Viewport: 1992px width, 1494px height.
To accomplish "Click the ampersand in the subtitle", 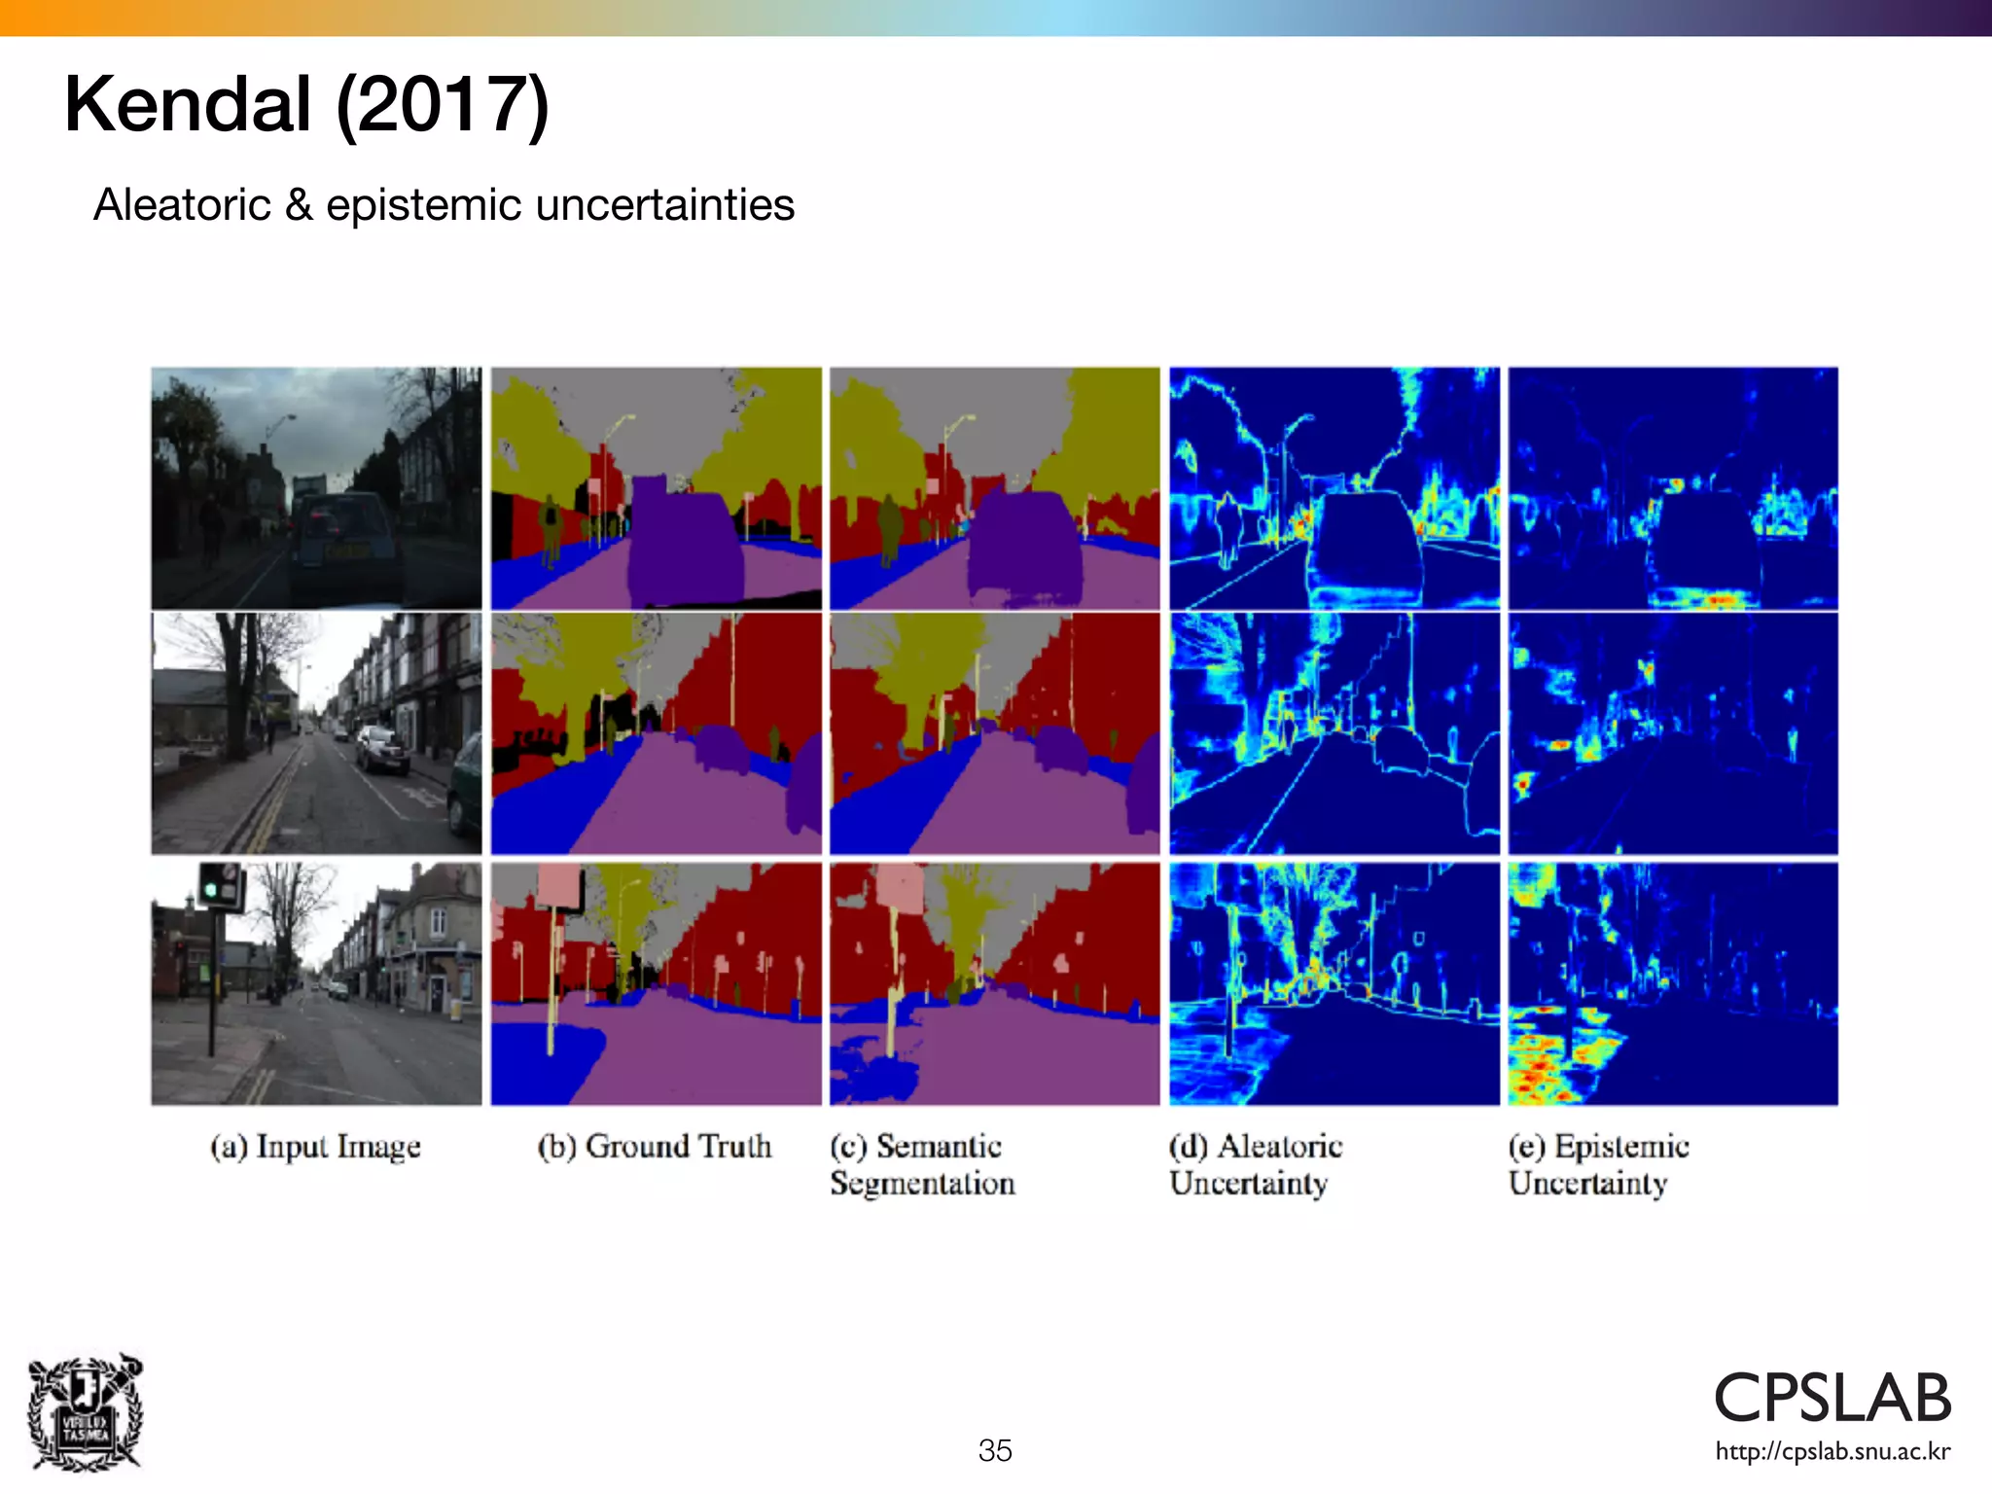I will click(298, 205).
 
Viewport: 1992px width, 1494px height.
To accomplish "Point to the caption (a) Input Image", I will click(315, 1147).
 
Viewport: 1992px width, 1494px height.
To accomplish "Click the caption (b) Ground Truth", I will click(655, 1147).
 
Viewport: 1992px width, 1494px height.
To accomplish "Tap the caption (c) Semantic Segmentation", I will click(921, 1164).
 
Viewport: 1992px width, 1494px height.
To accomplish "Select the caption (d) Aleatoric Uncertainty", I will click(1255, 1164).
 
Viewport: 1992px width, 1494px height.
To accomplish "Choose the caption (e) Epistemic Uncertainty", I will click(1597, 1164).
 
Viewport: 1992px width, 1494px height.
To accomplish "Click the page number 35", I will click(995, 1450).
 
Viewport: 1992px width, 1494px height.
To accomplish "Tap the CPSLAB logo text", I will click(1832, 1398).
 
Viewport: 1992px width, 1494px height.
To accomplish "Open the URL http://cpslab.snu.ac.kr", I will click(1832, 1452).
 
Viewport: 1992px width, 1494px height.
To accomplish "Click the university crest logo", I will click(86, 1411).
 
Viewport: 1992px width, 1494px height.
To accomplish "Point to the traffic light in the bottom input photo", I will click(220, 885).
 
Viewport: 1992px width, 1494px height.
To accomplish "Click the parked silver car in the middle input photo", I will click(383, 750).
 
